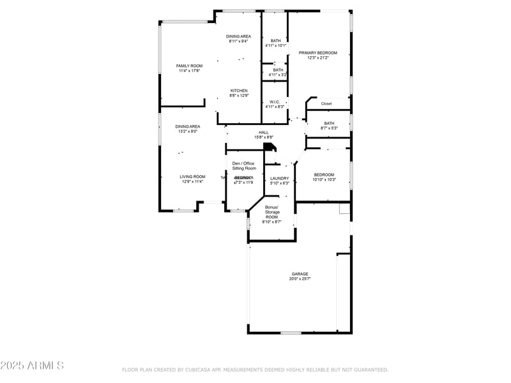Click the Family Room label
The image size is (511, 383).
(189, 66)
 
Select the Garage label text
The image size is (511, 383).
(300, 274)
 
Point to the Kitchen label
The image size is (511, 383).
(239, 91)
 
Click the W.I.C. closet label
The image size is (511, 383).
(275, 101)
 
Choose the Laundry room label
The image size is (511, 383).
(280, 178)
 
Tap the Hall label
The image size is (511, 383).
(263, 132)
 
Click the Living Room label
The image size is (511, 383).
(192, 177)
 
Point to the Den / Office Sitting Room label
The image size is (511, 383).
(243, 166)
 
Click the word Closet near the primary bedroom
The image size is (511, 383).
(326, 103)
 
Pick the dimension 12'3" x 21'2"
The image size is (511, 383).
(317, 58)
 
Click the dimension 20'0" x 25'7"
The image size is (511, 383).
(300, 279)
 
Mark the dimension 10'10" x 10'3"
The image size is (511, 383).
(324, 179)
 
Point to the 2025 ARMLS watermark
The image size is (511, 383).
(32, 366)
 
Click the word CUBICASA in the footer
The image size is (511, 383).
(199, 370)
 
